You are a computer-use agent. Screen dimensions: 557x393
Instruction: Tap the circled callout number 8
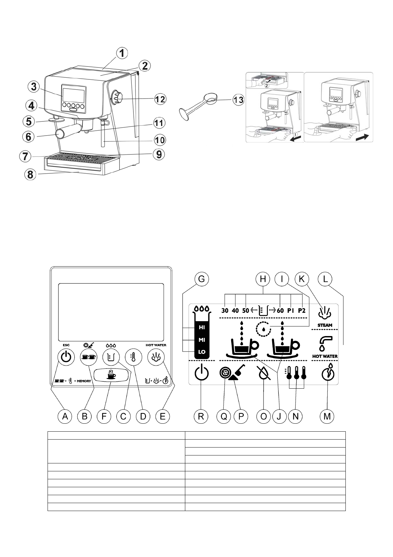point(30,175)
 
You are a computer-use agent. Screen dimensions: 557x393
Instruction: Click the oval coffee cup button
point(111,376)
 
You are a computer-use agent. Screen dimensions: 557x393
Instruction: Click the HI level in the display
point(202,327)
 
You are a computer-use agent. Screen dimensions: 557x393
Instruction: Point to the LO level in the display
point(202,352)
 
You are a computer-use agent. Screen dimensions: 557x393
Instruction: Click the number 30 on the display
point(225,311)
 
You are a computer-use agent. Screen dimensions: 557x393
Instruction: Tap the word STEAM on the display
point(325,325)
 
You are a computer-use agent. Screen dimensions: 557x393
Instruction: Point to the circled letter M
point(327,416)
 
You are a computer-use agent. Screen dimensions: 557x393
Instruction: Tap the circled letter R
point(201,416)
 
